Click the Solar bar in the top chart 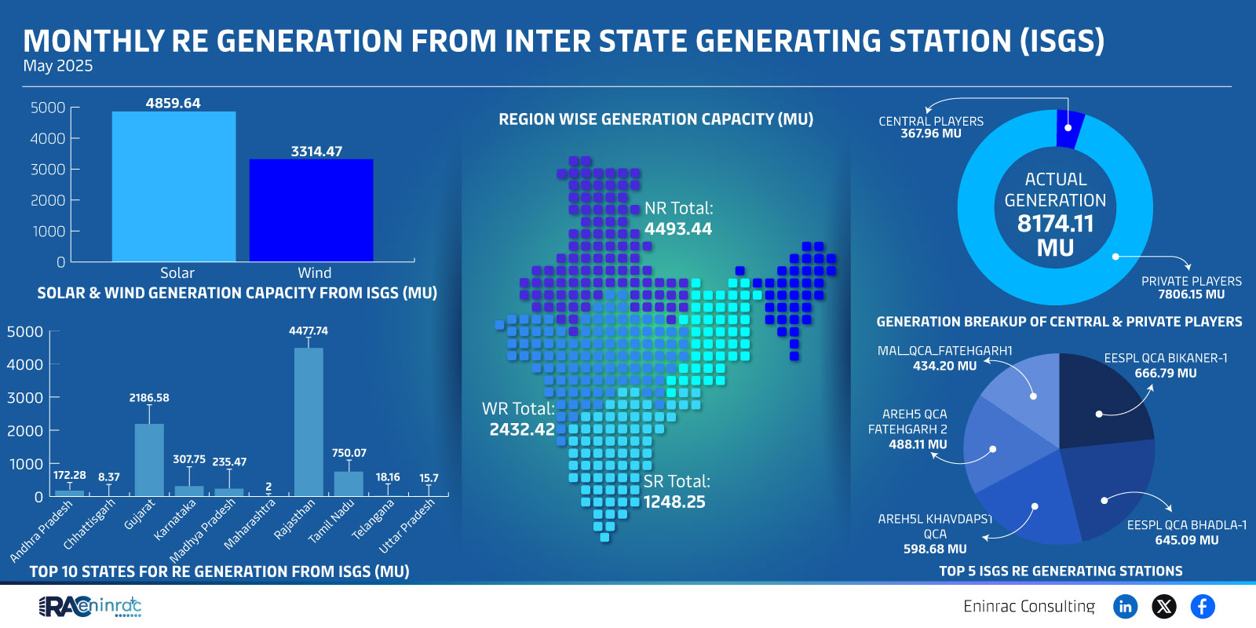(x=173, y=186)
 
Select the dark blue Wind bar (x=311, y=210)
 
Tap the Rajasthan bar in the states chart (x=309, y=422)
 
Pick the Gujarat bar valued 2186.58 (x=149, y=460)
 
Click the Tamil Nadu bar (x=349, y=484)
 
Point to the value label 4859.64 (x=173, y=103)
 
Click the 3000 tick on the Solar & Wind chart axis (x=48, y=170)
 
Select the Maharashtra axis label (x=250, y=524)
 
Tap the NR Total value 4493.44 (x=678, y=228)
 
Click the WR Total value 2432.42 (x=522, y=429)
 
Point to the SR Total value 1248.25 (x=674, y=502)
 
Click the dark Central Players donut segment (x=1070, y=129)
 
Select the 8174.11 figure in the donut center (x=1055, y=224)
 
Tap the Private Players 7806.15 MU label (x=1191, y=287)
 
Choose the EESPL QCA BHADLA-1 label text (x=1186, y=525)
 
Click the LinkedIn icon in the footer (x=1126, y=606)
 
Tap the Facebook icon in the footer (x=1203, y=606)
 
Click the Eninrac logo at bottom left (x=89, y=606)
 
